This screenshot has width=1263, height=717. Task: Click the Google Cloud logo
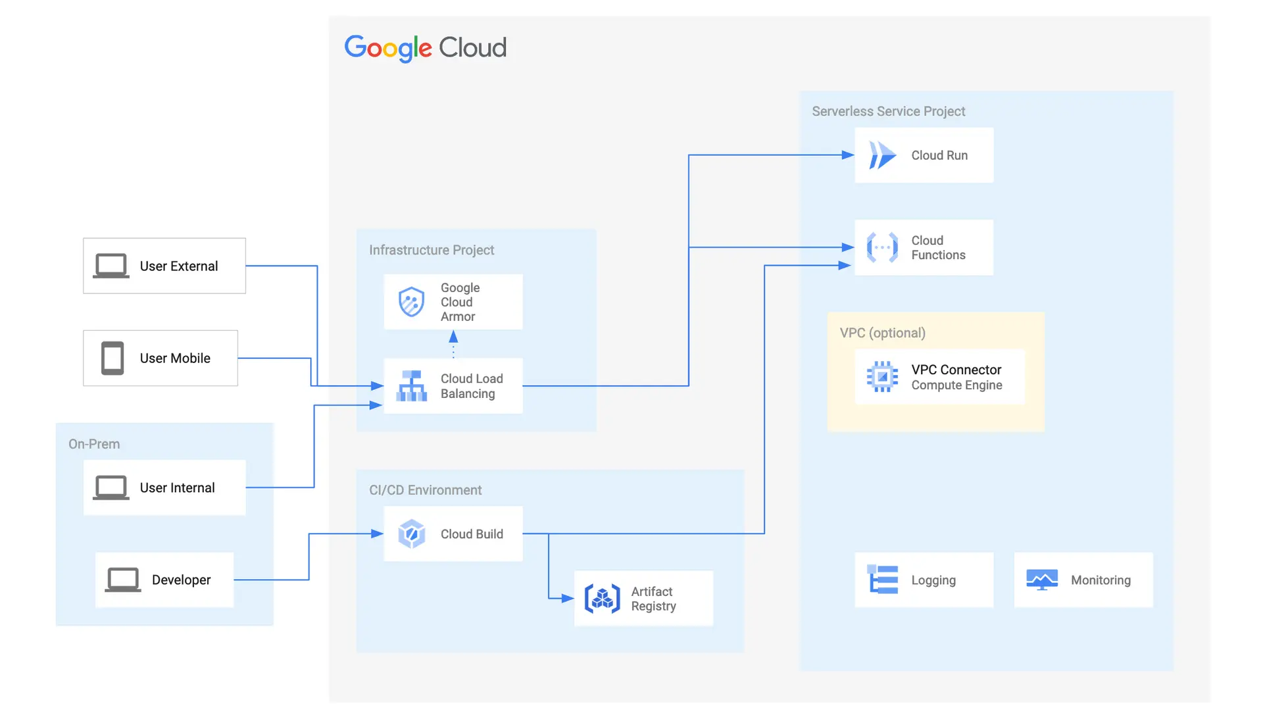[x=425, y=48]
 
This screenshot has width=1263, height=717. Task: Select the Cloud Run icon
[x=881, y=156]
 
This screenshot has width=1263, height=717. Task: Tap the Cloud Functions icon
[x=881, y=248]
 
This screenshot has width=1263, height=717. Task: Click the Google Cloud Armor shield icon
[x=412, y=302]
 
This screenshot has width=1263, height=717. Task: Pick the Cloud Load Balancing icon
[x=412, y=386]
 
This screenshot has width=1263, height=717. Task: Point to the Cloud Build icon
[x=412, y=534]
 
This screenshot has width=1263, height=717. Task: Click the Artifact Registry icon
[x=602, y=599]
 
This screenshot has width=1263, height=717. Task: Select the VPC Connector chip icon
[x=881, y=377]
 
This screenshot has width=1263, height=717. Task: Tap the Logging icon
[x=882, y=580]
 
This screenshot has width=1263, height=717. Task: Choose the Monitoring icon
[x=1042, y=580]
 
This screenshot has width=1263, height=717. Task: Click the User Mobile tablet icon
[x=112, y=358]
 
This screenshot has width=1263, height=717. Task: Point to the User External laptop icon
[x=111, y=266]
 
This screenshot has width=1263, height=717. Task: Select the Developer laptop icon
[x=123, y=580]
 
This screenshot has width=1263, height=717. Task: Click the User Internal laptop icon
[x=111, y=488]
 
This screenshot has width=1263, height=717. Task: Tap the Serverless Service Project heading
[x=888, y=112]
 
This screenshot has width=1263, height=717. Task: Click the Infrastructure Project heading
[x=432, y=251]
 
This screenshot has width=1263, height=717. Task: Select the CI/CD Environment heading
[x=425, y=491]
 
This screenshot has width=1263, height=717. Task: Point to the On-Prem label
[x=94, y=445]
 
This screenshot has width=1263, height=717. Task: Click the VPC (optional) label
[x=882, y=334]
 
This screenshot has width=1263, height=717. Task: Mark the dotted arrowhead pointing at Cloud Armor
[x=453, y=337]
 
